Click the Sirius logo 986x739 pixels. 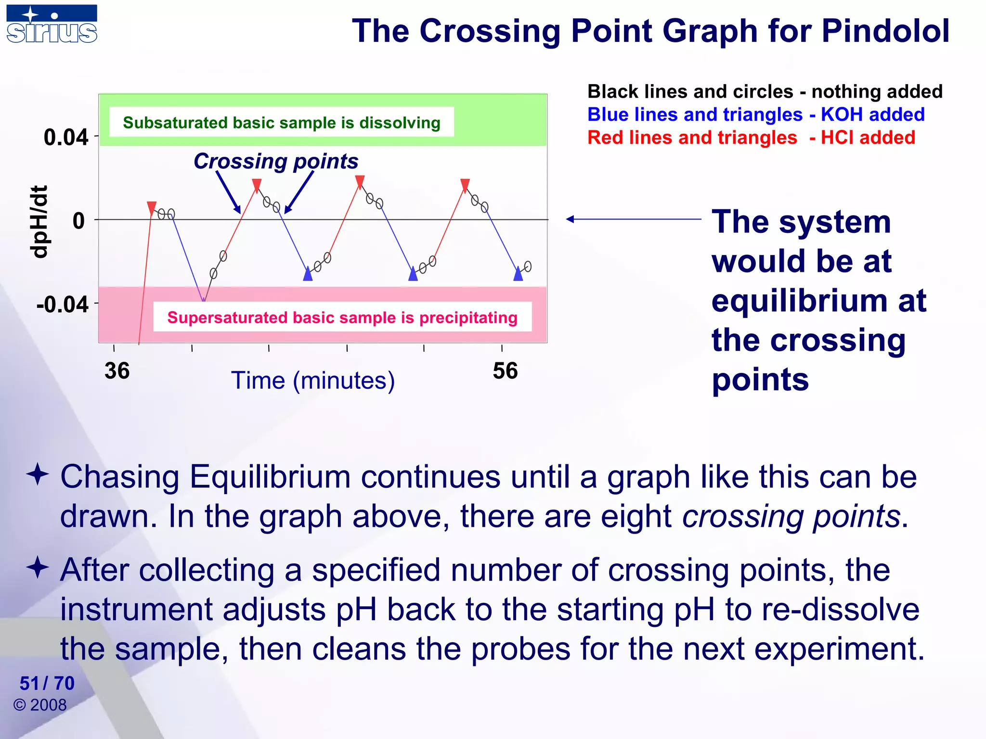52,24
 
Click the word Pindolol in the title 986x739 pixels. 885,31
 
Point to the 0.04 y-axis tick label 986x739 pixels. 66,138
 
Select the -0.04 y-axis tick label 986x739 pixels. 63,305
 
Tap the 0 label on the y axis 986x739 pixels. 78,221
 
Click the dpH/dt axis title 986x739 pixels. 39,222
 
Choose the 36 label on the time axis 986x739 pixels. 117,371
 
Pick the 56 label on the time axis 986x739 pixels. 505,371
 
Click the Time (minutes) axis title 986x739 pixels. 313,381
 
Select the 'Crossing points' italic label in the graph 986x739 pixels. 276,161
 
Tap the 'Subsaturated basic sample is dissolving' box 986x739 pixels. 282,122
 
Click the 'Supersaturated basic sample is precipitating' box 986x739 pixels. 342,317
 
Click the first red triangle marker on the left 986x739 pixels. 152,208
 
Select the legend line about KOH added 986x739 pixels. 756,115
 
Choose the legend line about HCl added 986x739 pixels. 751,138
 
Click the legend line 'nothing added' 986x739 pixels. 765,91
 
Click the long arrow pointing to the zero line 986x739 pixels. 633,219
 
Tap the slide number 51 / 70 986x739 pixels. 47,683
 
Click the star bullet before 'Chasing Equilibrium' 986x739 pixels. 38,474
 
